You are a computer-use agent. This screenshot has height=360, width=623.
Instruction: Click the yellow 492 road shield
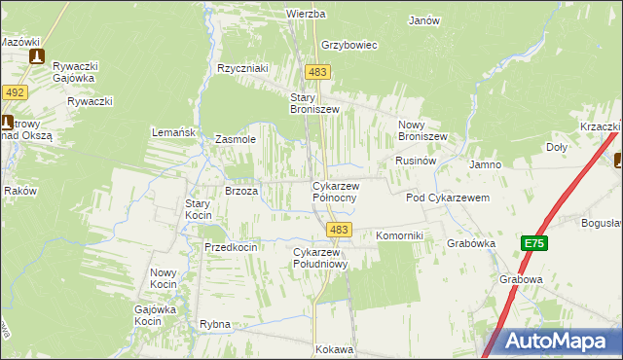pyautogui.click(x=14, y=92)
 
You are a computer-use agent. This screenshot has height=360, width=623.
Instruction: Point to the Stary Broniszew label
pyautogui.click(x=314, y=103)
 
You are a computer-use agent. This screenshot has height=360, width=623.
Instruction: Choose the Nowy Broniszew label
pyautogui.click(x=422, y=130)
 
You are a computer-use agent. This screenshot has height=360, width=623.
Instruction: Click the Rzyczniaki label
pyautogui.click(x=242, y=68)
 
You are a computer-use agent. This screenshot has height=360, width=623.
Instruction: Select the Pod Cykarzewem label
pyautogui.click(x=446, y=198)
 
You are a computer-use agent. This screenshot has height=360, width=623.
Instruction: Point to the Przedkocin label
pyautogui.click(x=231, y=247)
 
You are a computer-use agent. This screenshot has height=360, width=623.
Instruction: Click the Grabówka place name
pyautogui.click(x=471, y=243)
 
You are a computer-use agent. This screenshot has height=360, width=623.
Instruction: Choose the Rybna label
pyautogui.click(x=214, y=324)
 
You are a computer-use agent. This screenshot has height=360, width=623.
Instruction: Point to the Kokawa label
pyautogui.click(x=334, y=348)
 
